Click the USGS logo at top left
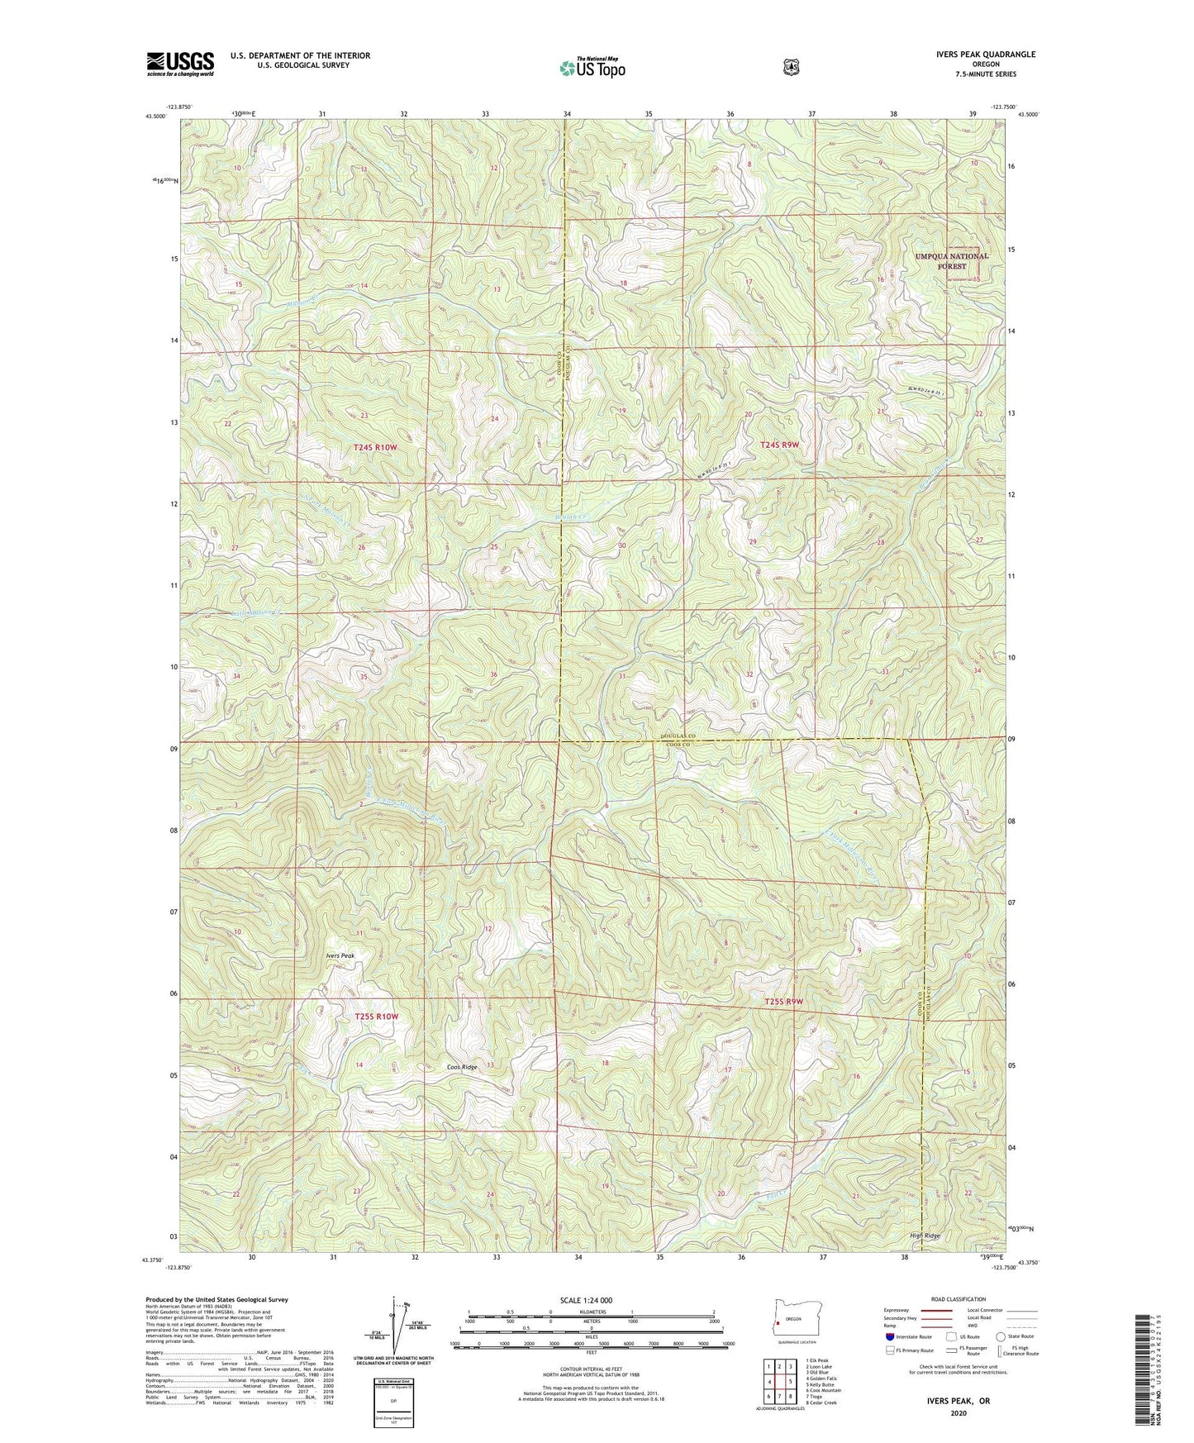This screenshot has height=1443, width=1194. point(180,63)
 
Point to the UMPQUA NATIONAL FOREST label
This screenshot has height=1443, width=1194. point(951,261)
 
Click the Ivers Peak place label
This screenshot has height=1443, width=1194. point(339,955)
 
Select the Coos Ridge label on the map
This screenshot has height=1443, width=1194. point(462,1067)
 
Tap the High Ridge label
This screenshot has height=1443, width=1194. point(922,1236)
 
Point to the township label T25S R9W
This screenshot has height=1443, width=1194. point(783,1002)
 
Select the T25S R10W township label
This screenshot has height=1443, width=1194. point(377,1016)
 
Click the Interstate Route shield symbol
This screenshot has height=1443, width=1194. point(889,1336)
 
